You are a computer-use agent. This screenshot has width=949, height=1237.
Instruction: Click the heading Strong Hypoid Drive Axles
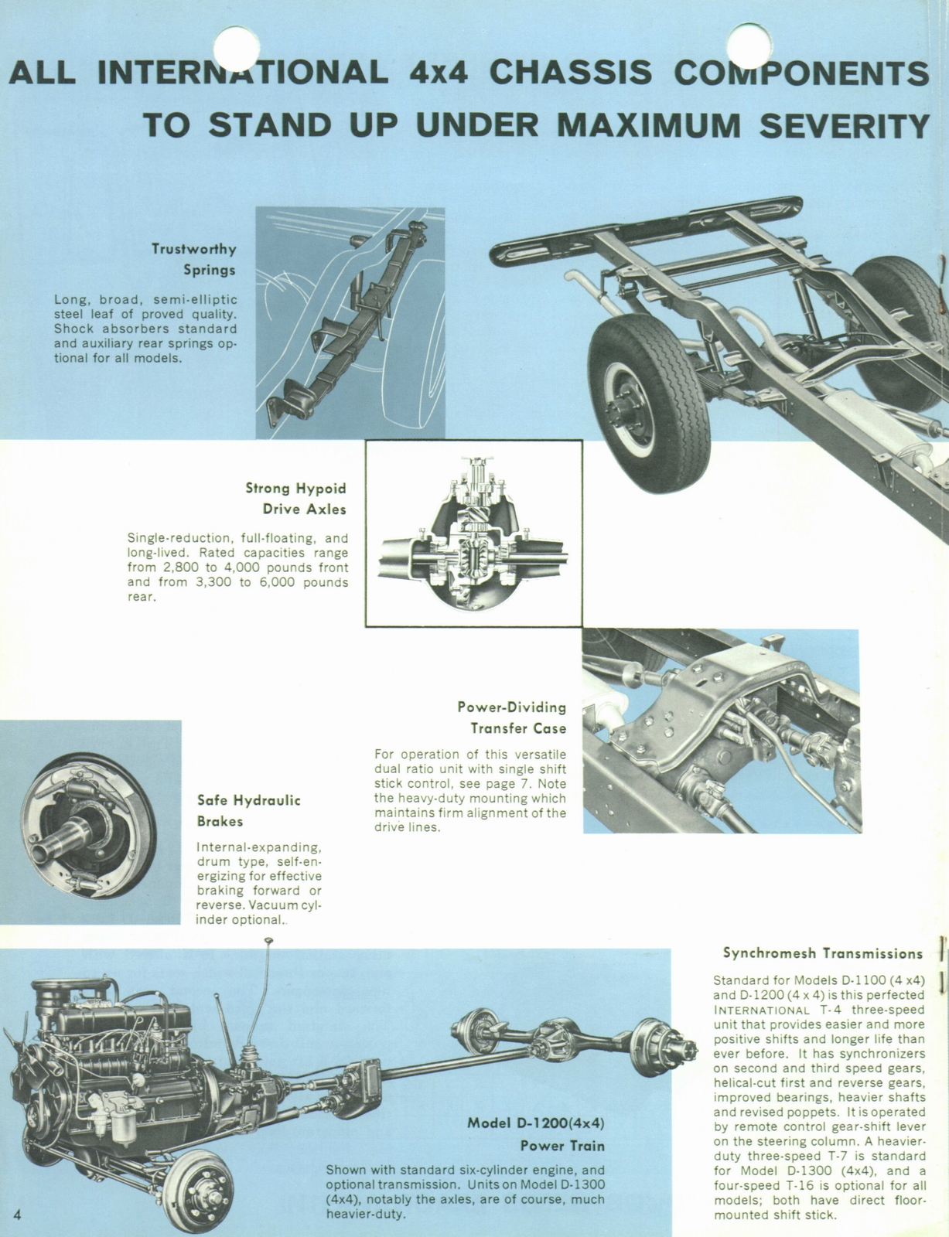296,499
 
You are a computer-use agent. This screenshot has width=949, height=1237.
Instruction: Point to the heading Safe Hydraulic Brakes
248,810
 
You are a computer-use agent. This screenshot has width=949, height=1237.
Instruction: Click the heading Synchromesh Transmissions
823,953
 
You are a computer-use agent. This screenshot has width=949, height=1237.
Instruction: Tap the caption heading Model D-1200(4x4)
536,1123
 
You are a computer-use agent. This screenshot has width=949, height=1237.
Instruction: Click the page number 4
18,1212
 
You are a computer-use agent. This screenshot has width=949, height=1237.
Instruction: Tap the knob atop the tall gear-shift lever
268,941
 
